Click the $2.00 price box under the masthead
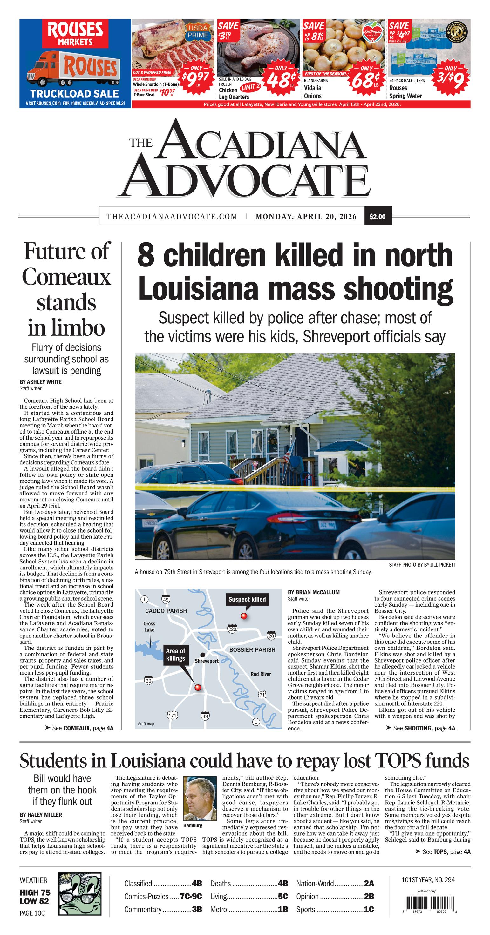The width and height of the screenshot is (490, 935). [x=378, y=216]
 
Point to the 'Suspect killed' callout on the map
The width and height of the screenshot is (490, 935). [x=247, y=599]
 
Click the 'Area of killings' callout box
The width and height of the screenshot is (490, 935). [x=175, y=655]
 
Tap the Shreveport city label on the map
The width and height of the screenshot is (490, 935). [x=207, y=661]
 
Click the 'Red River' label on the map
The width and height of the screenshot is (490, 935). [x=261, y=674]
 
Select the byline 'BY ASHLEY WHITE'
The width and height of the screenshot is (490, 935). [x=41, y=382]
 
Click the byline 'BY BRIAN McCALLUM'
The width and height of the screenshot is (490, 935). [x=313, y=592]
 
